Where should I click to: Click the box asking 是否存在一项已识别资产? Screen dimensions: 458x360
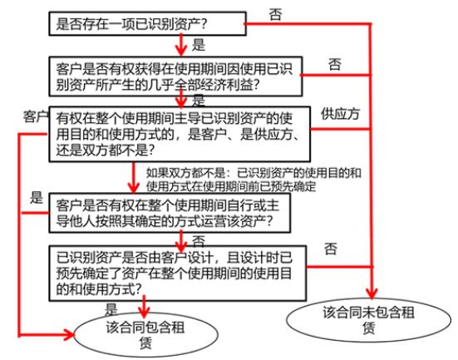tap(147, 23)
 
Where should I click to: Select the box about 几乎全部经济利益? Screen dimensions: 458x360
tap(175, 76)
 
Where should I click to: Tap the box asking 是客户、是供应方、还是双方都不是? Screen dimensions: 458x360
tap(180, 134)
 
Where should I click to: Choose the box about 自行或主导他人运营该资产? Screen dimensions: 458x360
tap(170, 213)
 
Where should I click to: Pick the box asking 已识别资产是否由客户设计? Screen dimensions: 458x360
tap(178, 274)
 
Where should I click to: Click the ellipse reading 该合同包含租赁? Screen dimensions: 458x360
tap(145, 335)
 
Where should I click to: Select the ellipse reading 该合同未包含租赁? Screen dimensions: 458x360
tap(368, 320)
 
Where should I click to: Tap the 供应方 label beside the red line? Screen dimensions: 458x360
tap(340, 114)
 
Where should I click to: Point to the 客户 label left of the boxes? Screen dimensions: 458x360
tap(36, 117)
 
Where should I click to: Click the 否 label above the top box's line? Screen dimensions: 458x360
tap(275, 14)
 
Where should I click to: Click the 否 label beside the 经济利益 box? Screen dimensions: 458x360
tap(335, 64)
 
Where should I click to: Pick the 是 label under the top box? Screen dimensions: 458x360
tap(199, 45)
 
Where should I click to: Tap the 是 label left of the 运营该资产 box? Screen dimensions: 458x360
tap(37, 198)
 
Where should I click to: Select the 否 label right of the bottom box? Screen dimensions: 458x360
tap(330, 249)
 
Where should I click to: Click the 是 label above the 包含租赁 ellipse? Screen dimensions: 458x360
tap(111, 309)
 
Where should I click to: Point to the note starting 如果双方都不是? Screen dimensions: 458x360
tap(254, 180)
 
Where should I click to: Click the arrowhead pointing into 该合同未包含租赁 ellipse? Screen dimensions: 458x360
tap(372, 293)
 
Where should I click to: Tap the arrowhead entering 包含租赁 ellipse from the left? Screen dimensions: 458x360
tap(69, 335)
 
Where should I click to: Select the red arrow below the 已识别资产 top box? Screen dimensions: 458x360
tap(181, 45)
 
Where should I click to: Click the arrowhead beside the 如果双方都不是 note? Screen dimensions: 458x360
tap(134, 187)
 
